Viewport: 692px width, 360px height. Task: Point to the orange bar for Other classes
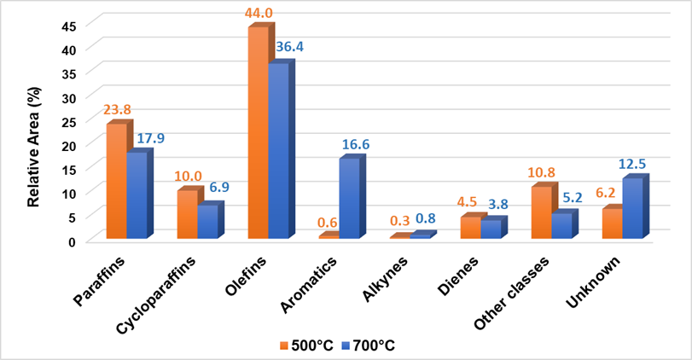(x=540, y=212)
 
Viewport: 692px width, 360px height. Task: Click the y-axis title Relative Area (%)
(x=35, y=131)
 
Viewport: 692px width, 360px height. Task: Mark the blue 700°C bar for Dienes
(x=491, y=229)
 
